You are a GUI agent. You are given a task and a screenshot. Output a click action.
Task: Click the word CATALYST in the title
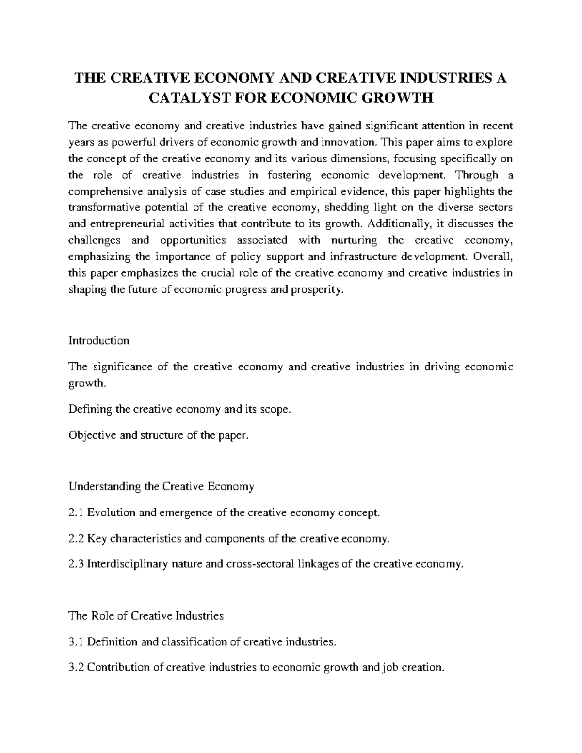coord(186,98)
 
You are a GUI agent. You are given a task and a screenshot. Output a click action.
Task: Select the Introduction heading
coord(99,340)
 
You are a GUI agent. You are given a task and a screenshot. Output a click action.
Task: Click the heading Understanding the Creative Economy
coord(162,486)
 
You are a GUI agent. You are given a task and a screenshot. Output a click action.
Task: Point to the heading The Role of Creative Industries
coord(146,616)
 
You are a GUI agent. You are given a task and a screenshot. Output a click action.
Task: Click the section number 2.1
coord(77,513)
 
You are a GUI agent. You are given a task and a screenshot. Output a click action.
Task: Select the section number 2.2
coord(77,538)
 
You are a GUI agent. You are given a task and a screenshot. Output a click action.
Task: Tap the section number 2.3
coord(77,564)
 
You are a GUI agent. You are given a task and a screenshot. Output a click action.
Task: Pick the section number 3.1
coord(77,642)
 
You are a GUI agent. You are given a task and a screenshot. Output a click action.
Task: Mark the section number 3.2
coord(77,667)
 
